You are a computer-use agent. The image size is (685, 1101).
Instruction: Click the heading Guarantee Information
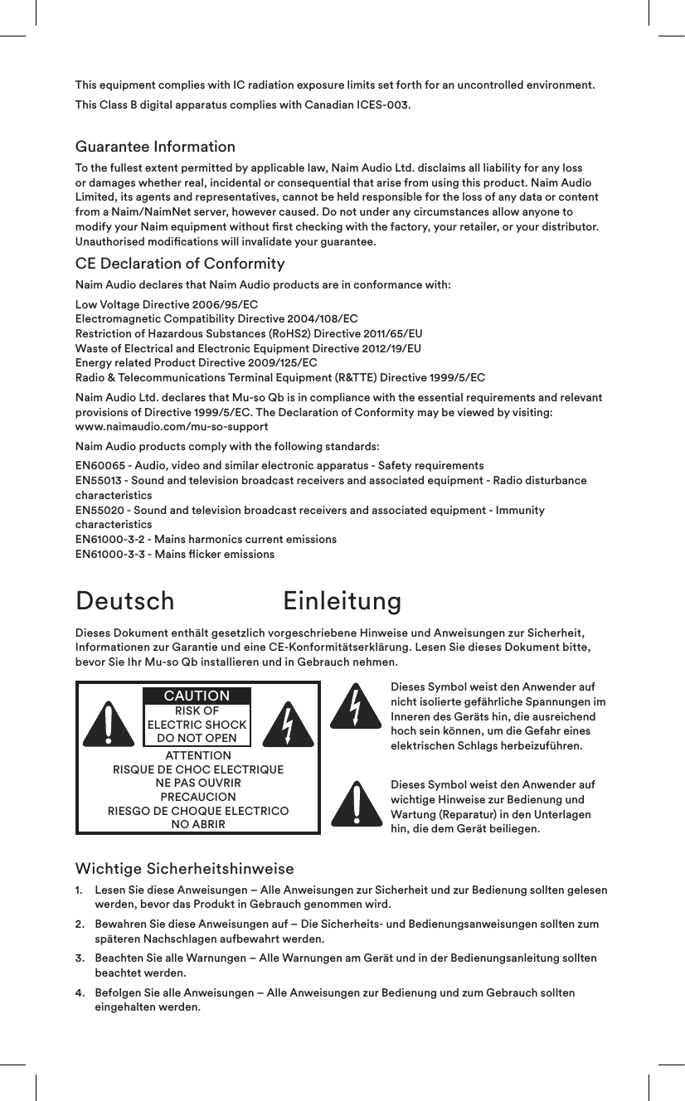[155, 148]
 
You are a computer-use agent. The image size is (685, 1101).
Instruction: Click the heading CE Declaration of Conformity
[180, 264]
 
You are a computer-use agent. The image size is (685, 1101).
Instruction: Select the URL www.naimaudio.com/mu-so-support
[172, 427]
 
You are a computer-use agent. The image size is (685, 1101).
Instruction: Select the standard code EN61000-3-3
[110, 554]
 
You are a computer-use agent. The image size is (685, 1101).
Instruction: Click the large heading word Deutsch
[125, 600]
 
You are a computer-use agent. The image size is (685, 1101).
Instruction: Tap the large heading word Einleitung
[342, 600]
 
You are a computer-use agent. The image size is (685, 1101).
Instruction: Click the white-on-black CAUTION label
[197, 696]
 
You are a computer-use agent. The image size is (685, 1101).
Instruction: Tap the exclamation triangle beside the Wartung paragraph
[355, 803]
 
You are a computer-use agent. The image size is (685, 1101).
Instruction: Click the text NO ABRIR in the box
[198, 825]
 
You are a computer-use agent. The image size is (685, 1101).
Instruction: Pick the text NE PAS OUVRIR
[198, 783]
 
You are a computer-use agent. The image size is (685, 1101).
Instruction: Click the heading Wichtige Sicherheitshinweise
[184, 869]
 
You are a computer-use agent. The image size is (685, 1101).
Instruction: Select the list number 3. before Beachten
[80, 958]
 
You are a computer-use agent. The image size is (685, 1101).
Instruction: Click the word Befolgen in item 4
[119, 992]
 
